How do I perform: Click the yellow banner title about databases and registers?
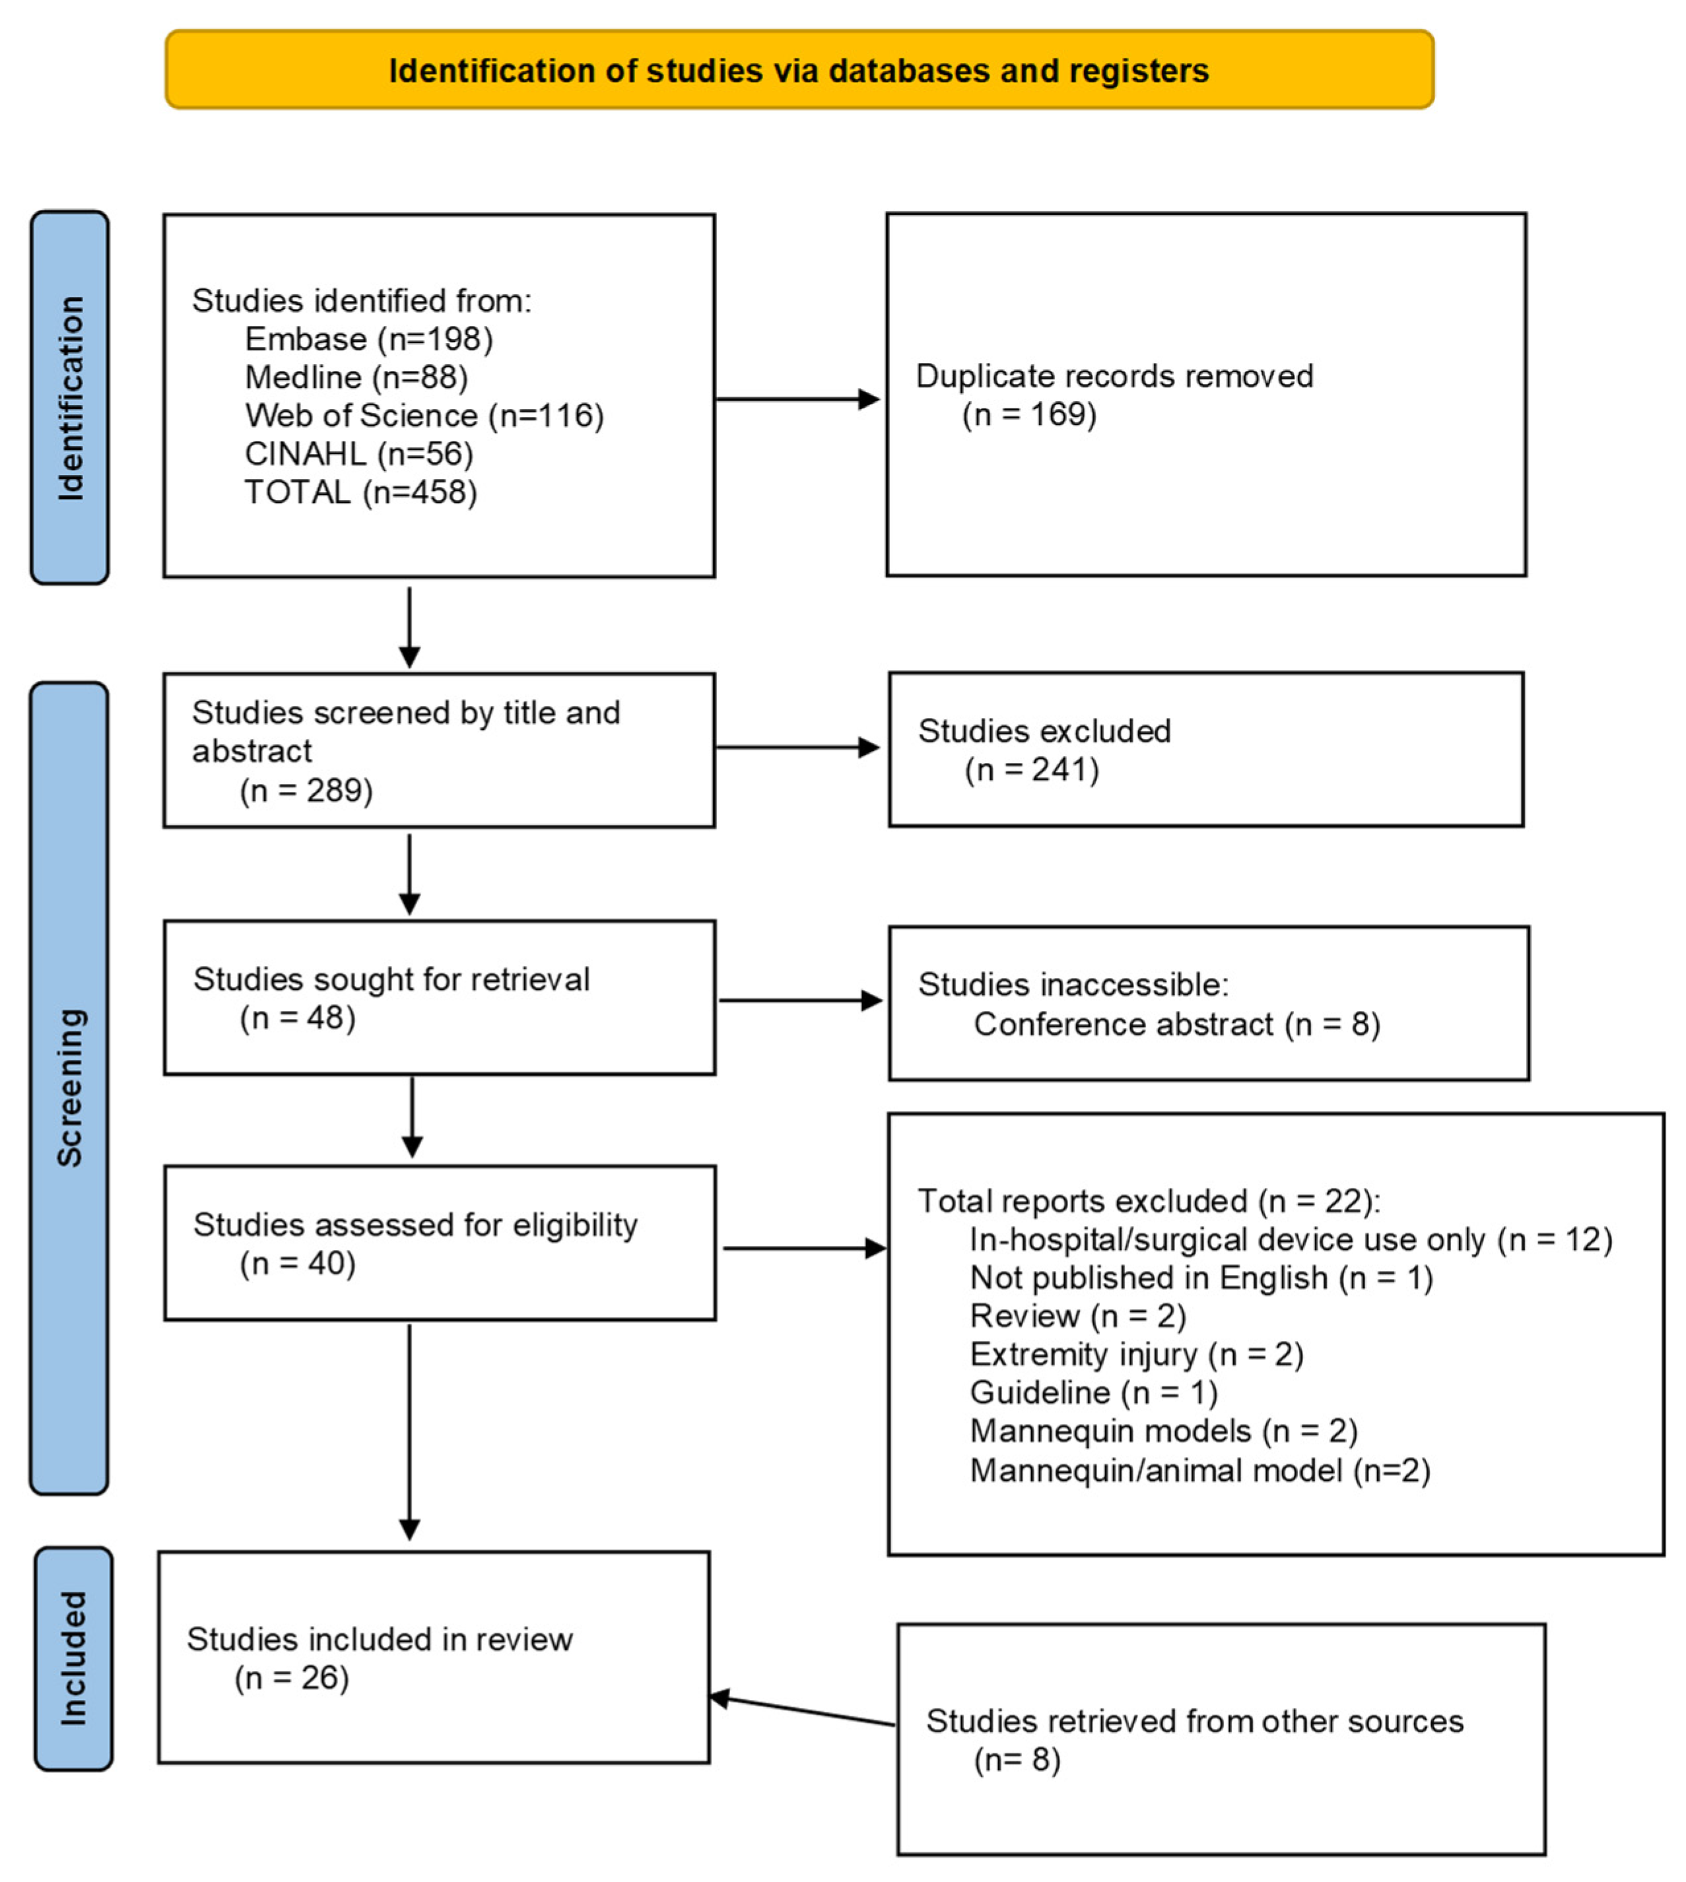tap(799, 71)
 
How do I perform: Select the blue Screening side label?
tap(69, 1087)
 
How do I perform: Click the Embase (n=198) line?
tap(369, 340)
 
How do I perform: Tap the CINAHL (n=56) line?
tap(358, 454)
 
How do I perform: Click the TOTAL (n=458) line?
tap(360, 492)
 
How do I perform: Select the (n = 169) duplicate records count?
tap(1028, 414)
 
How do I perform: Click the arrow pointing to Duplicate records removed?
tap(799, 399)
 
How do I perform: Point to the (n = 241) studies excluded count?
tap(1031, 769)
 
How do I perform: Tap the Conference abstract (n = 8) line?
tap(1176, 1024)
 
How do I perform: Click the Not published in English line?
tap(1201, 1278)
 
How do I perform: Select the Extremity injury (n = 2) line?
tap(1135, 1354)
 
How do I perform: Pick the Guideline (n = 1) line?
tap(1093, 1392)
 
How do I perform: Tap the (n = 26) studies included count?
tap(292, 1677)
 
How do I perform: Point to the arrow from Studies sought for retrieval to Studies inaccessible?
tap(800, 1000)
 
